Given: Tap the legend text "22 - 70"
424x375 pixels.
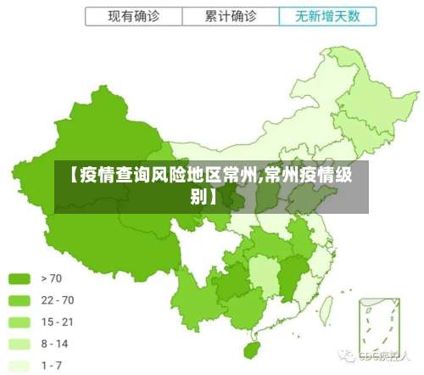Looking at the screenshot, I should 57,300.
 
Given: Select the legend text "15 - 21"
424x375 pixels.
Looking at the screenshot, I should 57,322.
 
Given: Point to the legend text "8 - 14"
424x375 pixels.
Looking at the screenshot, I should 54,344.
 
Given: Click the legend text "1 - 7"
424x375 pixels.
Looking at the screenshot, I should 52,366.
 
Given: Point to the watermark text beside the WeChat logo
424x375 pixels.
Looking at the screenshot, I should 385,354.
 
